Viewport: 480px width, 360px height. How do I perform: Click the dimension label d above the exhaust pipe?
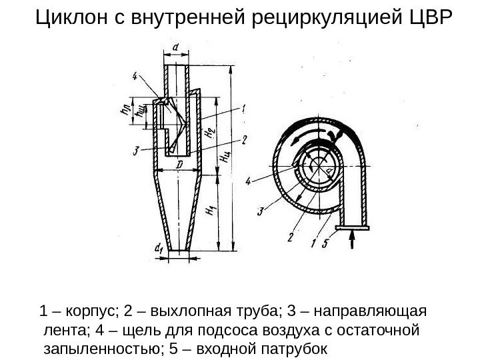point(175,47)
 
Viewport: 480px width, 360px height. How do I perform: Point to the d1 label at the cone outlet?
point(159,249)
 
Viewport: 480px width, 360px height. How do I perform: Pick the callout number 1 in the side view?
point(245,107)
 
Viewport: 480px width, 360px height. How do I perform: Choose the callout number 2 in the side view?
point(245,139)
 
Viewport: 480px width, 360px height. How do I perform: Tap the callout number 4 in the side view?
point(135,76)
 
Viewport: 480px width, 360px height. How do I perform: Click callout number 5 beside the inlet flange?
point(325,244)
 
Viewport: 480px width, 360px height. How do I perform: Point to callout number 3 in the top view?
point(261,212)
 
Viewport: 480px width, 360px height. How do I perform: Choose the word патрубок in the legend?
point(294,348)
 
